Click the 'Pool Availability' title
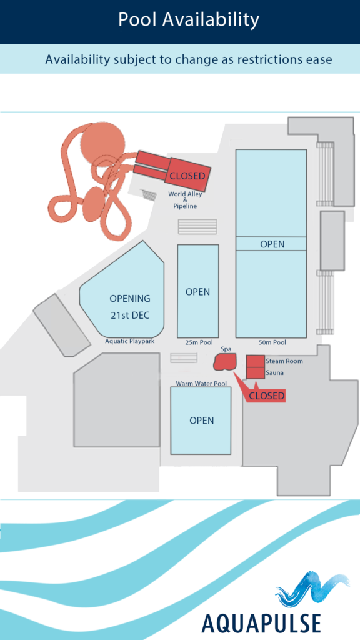(189, 19)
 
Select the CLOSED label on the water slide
(187, 176)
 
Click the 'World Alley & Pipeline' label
(185, 200)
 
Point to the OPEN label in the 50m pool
(272, 244)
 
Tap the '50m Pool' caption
(272, 342)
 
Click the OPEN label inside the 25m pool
(198, 292)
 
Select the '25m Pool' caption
(198, 342)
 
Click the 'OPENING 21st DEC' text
(130, 306)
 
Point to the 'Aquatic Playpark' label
(130, 341)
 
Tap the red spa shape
(225, 362)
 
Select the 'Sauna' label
(274, 372)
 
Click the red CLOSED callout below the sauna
(266, 396)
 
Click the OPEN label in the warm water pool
(202, 421)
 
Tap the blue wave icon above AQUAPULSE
(312, 590)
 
